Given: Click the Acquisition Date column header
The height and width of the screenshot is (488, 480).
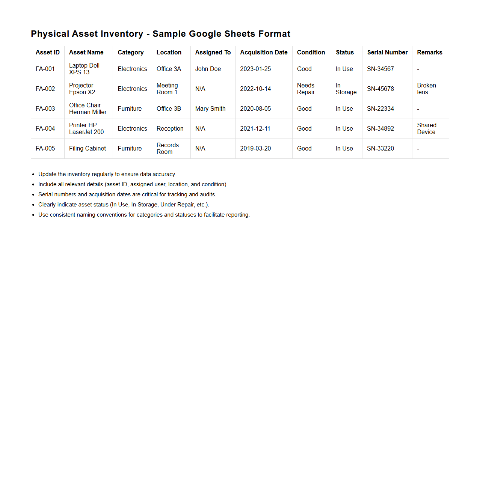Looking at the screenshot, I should click(x=264, y=53).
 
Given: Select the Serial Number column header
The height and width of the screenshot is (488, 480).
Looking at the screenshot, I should click(x=387, y=53).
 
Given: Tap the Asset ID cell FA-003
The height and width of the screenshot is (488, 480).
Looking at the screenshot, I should click(x=45, y=109).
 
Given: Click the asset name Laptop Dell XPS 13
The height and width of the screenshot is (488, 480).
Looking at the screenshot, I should click(x=84, y=69).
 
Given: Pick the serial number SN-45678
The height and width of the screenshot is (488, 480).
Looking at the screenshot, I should click(x=380, y=89).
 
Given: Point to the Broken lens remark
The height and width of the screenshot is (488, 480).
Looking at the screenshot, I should click(x=426, y=89).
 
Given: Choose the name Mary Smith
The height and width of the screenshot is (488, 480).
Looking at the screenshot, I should click(x=210, y=109).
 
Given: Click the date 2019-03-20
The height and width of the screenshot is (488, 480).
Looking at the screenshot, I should click(x=255, y=149).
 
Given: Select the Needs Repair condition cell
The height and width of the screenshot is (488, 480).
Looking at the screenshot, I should click(x=306, y=89).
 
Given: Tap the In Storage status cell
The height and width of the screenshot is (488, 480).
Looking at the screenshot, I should click(x=346, y=89).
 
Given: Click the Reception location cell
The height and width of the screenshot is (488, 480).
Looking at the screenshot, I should click(x=170, y=129).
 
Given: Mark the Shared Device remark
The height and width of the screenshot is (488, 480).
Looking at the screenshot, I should click(x=426, y=129).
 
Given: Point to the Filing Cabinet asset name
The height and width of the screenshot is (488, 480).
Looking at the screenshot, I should click(x=88, y=149).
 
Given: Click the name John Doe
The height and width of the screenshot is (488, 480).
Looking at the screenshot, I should click(x=208, y=69).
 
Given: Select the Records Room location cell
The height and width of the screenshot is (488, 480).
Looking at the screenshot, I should click(x=168, y=149).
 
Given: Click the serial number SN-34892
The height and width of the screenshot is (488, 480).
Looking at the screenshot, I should click(x=380, y=129).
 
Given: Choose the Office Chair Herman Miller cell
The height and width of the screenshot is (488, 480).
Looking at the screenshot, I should click(x=88, y=109).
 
